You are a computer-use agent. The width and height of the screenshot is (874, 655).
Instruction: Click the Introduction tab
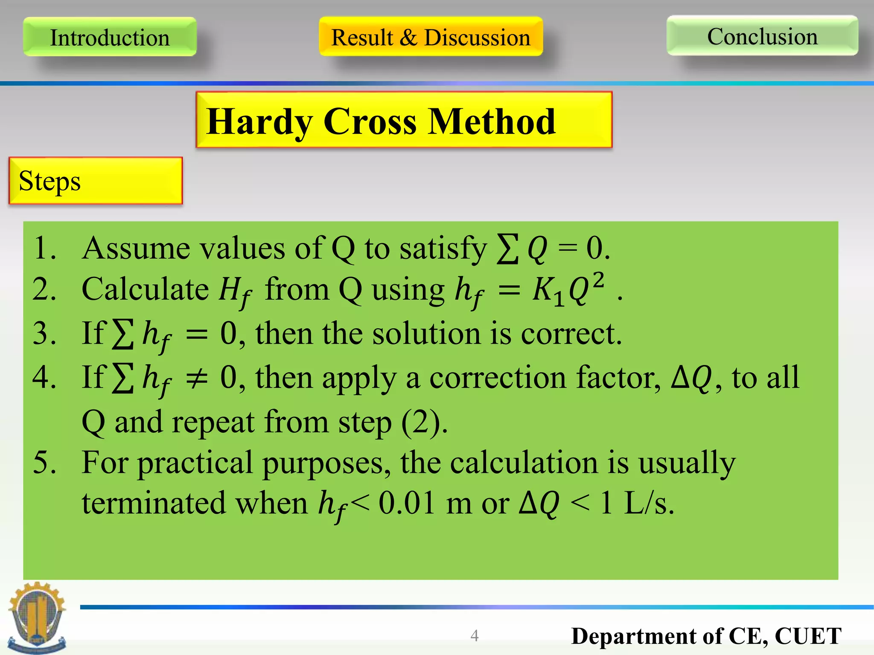pyautogui.click(x=110, y=37)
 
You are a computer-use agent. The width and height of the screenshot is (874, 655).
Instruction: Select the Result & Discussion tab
pyautogui.click(x=431, y=37)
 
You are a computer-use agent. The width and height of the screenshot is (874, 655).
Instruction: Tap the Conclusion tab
pyautogui.click(x=762, y=36)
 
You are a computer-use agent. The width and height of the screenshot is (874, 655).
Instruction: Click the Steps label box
pyautogui.click(x=96, y=181)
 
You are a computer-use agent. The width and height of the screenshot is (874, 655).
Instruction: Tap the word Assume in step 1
pyautogui.click(x=136, y=248)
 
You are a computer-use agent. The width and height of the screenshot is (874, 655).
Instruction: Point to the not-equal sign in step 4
pyautogui.click(x=197, y=378)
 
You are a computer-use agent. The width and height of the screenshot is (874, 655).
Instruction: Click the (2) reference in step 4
pyautogui.click(x=424, y=422)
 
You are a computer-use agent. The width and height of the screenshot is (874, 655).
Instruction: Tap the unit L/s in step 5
pyautogui.click(x=648, y=503)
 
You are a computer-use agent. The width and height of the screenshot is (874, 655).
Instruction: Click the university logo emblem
pyautogui.click(x=37, y=617)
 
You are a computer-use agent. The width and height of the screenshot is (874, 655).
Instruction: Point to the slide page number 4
pyautogui.click(x=475, y=636)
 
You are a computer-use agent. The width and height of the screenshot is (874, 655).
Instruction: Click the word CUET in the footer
pyautogui.click(x=808, y=636)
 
